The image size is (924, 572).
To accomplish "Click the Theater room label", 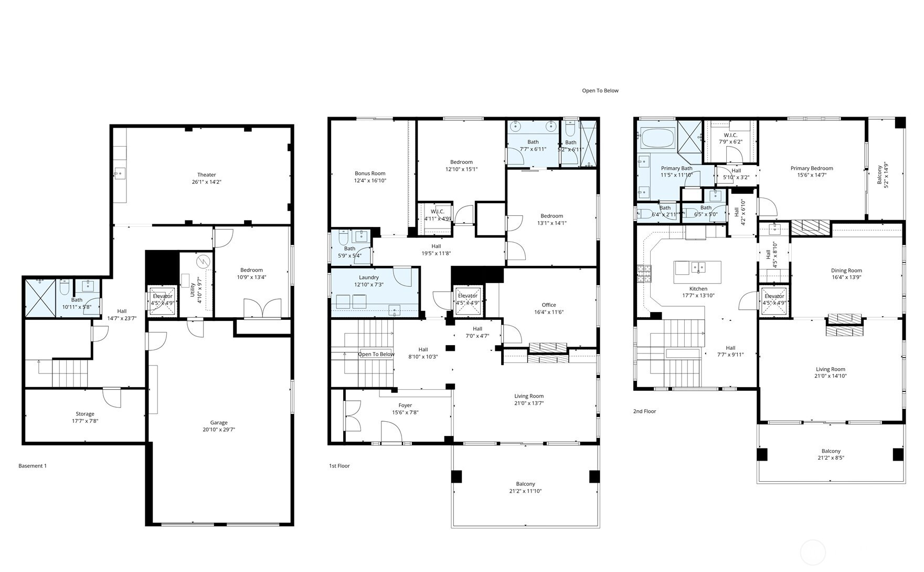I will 206,175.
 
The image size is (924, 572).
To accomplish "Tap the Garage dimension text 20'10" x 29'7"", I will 219,430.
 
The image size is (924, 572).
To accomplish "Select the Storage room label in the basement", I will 84,414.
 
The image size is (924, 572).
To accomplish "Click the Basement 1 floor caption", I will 33,466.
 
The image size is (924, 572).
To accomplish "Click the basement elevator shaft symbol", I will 162,301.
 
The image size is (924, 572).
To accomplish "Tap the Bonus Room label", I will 370,173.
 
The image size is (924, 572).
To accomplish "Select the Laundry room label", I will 369,277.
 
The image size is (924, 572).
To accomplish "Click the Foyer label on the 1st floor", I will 405,405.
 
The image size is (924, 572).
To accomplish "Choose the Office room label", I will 549,305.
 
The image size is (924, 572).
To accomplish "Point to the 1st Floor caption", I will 339,466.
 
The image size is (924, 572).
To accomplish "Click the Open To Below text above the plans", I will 600,91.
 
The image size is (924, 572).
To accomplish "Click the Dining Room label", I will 846,271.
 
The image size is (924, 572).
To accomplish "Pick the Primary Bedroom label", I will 812,169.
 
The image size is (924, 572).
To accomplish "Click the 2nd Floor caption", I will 645,411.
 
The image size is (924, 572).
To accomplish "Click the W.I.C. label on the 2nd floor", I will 730,136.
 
